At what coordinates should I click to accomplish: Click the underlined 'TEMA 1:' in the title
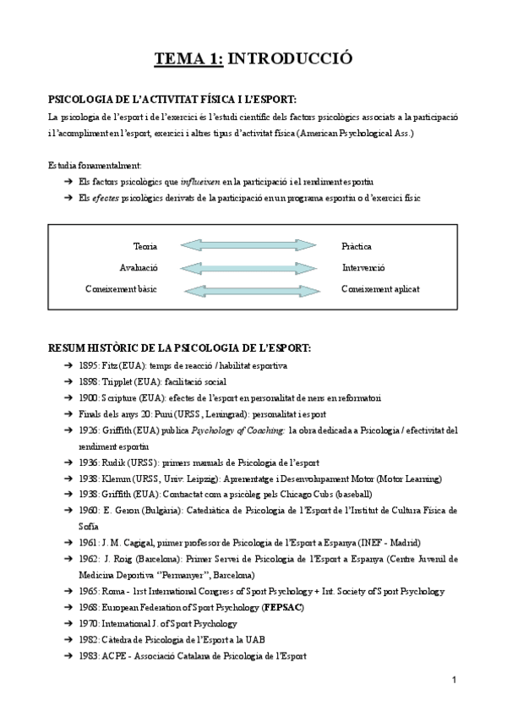(x=189, y=58)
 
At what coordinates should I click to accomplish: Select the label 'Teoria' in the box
(x=145, y=246)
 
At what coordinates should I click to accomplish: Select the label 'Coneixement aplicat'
(x=380, y=289)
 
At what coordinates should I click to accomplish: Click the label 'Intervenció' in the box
(x=363, y=268)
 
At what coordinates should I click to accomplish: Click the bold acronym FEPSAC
(x=286, y=608)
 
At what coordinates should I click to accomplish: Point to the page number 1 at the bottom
(x=454, y=680)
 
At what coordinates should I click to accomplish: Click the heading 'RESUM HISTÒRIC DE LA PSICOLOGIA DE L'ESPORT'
(x=179, y=348)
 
